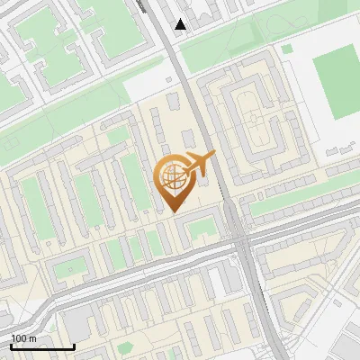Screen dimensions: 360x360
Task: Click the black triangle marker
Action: [x=181, y=24]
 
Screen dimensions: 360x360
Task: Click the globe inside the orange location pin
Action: [x=172, y=175]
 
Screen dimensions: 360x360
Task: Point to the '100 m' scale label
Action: [x=23, y=338]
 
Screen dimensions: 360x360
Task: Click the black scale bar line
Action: [x=42, y=346]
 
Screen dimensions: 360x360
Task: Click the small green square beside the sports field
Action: [x=287, y=50]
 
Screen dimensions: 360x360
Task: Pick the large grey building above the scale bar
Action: [x=76, y=319]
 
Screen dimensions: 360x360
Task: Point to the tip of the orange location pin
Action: [x=173, y=211]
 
